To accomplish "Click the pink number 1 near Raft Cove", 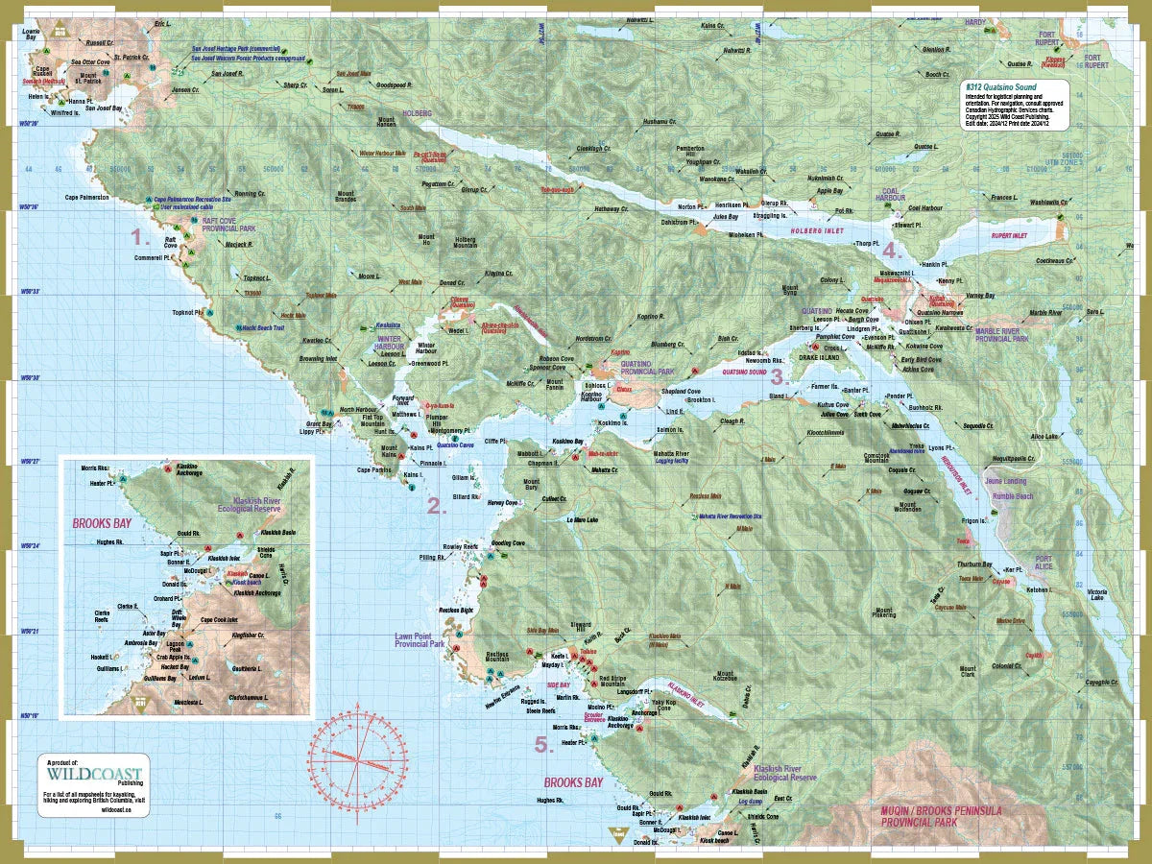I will (140, 236).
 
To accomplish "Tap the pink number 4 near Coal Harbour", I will (892, 252).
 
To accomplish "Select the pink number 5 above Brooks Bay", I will (543, 744).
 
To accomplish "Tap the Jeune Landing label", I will (1004, 481).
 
